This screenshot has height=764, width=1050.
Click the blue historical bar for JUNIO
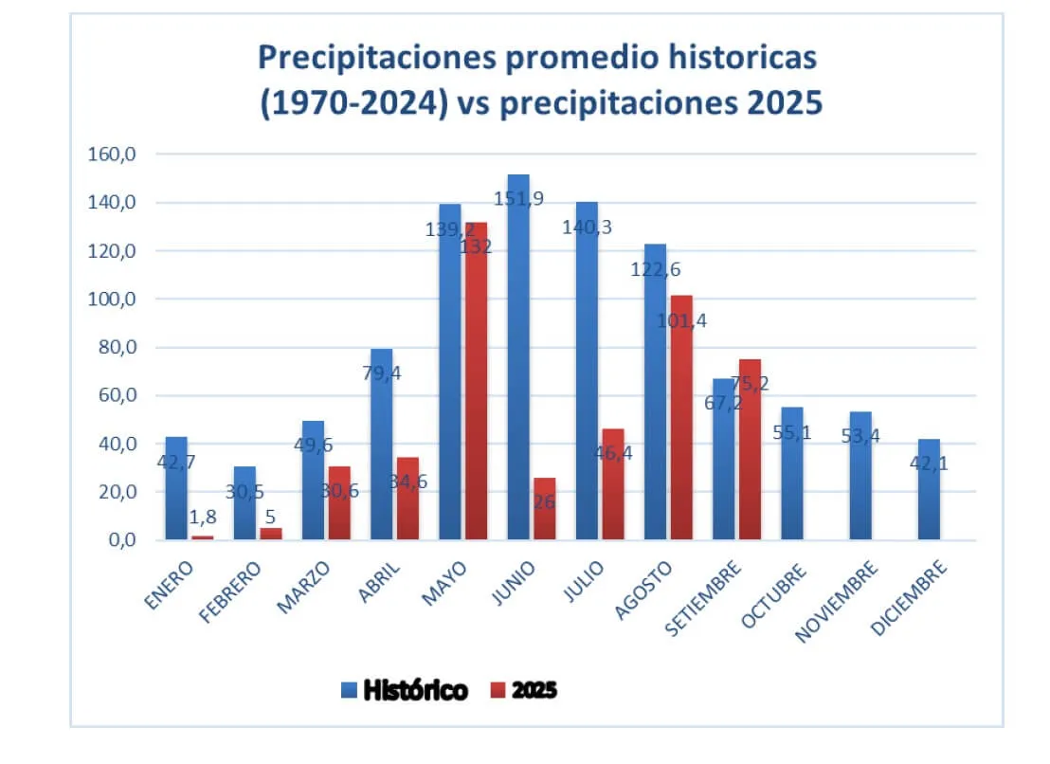[518, 360]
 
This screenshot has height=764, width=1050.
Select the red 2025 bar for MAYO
[476, 379]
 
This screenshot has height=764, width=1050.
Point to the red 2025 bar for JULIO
[612, 484]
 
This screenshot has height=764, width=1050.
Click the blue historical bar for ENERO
[176, 488]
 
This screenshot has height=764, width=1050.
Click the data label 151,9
[519, 198]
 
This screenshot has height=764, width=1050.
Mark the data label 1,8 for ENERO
[202, 518]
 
